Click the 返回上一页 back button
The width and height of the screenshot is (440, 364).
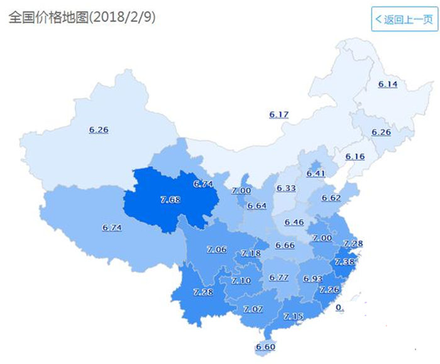point(404,19)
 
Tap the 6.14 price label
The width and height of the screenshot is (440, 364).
point(388,84)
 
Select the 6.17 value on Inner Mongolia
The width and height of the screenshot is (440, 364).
point(279,114)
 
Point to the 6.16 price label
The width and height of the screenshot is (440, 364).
point(355,156)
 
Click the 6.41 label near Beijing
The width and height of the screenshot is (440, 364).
point(316,174)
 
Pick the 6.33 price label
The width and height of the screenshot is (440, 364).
point(286,188)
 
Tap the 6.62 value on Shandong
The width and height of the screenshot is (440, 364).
point(331,198)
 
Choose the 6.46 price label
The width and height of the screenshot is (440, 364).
point(294,222)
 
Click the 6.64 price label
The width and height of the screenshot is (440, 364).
point(256,206)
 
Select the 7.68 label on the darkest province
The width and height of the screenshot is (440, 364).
point(170,199)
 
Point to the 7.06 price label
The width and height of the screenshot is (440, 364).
point(216,250)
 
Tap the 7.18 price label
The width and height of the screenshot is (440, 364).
point(251,253)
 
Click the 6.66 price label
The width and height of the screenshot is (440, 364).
point(285,245)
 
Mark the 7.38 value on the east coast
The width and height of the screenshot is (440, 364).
point(344,262)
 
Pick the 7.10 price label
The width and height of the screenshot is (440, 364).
point(241,281)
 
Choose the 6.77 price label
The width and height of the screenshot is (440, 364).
point(278,277)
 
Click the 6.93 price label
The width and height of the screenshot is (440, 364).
point(312,279)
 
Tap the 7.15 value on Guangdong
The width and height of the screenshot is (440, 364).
point(294,316)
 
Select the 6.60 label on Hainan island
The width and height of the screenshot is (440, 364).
point(265,347)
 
